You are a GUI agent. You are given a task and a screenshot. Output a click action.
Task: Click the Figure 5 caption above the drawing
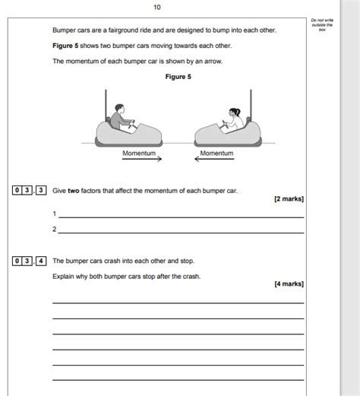[178, 76]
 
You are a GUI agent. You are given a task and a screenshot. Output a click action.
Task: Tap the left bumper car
[128, 134]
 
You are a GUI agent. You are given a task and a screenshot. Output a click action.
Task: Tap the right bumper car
[227, 134]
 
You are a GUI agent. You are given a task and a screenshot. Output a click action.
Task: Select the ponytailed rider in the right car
[232, 118]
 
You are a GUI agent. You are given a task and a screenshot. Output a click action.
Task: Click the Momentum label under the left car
[139, 153]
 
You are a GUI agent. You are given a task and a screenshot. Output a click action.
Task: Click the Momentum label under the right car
[217, 153]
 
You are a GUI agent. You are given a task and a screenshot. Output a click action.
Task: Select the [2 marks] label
[289, 199]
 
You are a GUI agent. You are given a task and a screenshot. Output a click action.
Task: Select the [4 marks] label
[289, 284]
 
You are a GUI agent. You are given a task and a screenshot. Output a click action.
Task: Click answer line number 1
[181, 216]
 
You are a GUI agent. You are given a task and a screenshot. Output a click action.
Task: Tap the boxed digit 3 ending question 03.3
[41, 190]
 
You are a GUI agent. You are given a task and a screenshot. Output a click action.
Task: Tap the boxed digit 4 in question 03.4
[41, 261]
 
